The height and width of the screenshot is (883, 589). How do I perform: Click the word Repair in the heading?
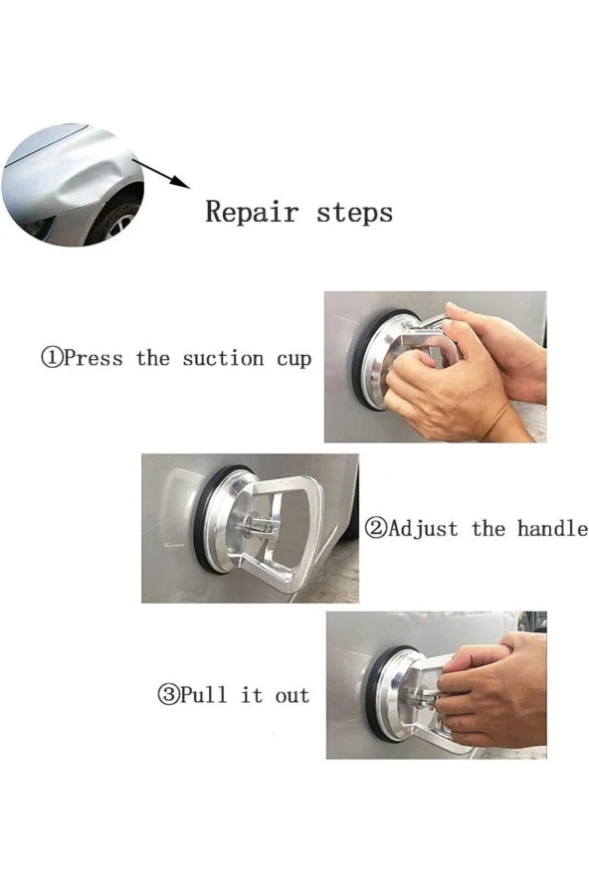point(252,213)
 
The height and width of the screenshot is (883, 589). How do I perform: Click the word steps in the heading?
point(354,213)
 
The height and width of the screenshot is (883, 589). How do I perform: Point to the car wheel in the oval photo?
point(116,222)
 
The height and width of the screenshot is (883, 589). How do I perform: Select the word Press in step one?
point(92,358)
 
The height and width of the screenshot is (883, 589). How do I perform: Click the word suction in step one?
point(223,358)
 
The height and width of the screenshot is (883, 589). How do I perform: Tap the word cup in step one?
point(294,360)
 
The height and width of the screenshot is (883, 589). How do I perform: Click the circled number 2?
point(376,529)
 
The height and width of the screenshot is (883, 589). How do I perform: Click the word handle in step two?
point(552,528)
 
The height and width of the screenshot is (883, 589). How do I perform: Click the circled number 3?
point(167,695)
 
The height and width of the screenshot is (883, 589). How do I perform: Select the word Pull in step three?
point(204,694)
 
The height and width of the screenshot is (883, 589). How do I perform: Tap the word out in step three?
point(293,696)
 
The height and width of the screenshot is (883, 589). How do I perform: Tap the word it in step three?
point(252,695)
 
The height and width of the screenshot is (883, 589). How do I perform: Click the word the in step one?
point(153,358)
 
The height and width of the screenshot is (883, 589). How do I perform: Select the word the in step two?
point(489,528)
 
